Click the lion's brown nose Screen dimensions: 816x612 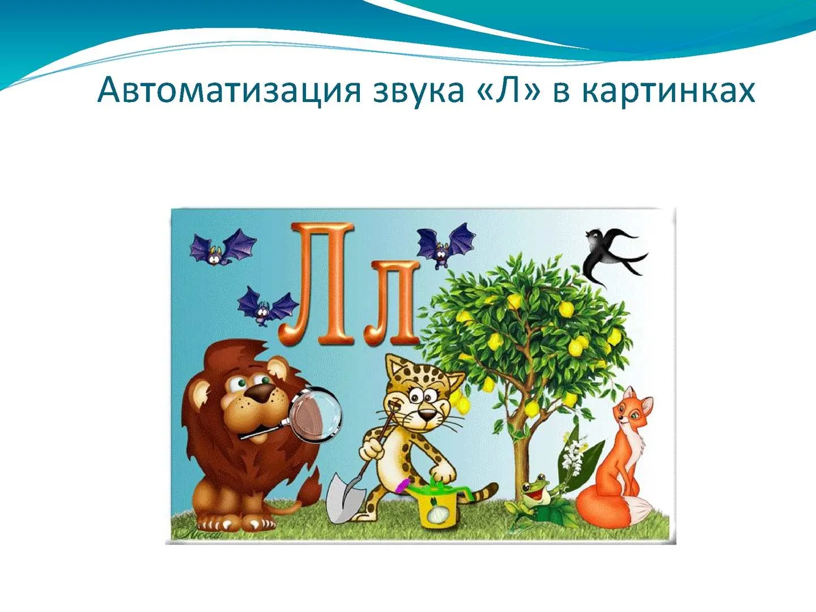(x=262, y=393)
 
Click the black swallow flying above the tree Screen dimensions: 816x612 (x=611, y=253)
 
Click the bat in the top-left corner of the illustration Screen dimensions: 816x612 (x=223, y=246)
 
